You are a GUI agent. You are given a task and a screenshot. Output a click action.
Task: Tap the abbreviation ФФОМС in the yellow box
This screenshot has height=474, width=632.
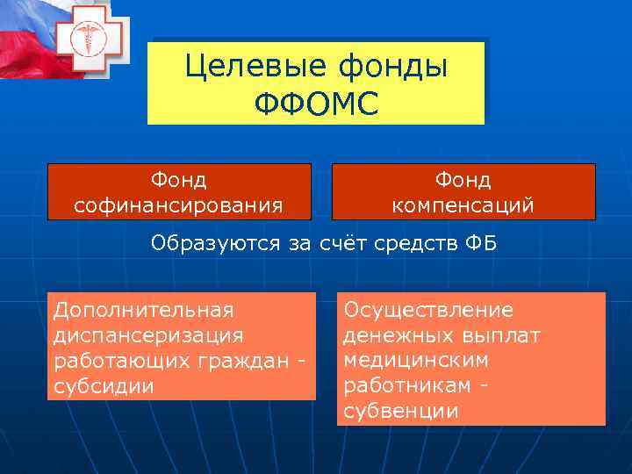[316, 103]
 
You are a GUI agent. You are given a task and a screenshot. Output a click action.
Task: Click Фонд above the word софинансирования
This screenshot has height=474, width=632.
[179, 180]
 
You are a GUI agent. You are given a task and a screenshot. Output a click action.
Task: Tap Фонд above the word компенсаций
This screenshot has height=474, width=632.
[463, 180]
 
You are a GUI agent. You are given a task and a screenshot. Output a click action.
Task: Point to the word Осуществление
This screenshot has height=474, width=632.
[428, 310]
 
